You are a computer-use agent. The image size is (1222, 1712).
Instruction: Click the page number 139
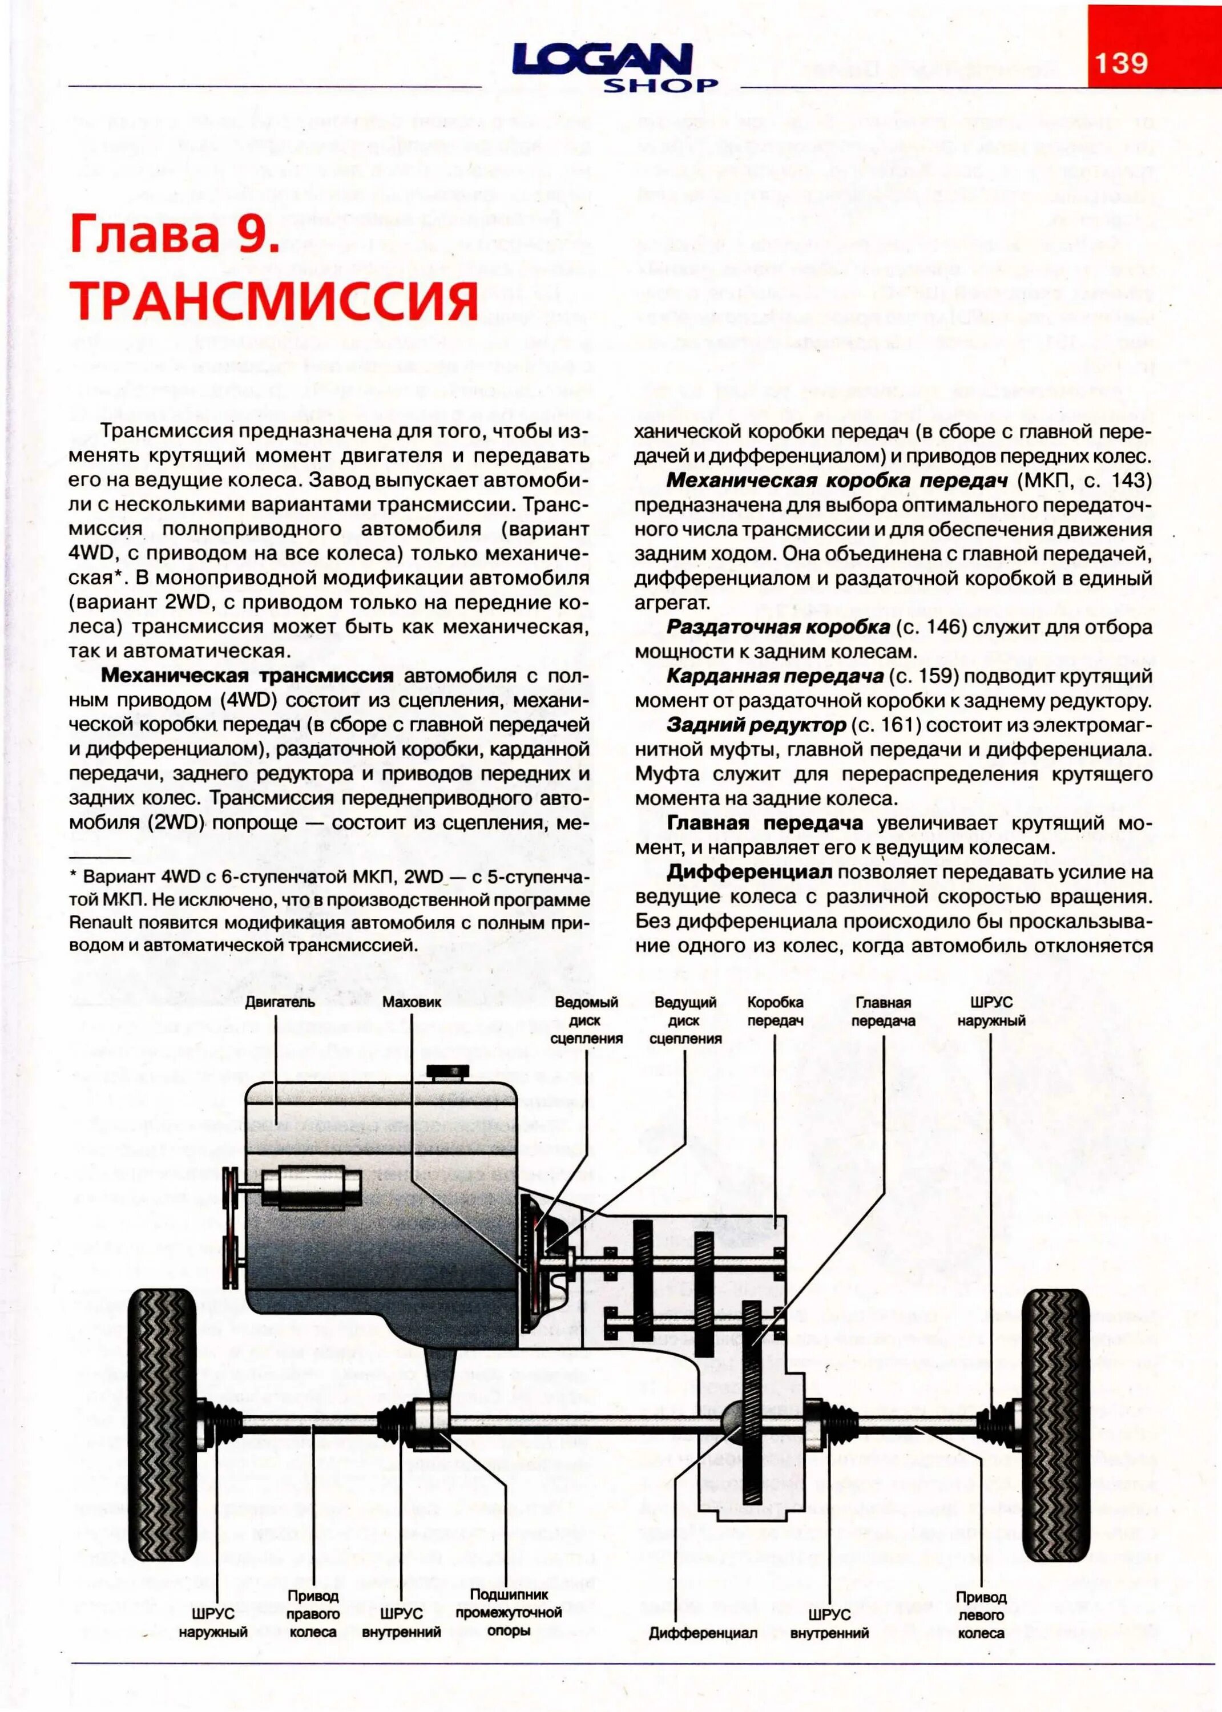pos(1120,62)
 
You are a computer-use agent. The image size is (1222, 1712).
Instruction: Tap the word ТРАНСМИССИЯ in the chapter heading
pos(274,301)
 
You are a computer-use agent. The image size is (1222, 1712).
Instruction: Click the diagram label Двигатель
pos(279,1002)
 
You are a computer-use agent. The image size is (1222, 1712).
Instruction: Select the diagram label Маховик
pos(412,1002)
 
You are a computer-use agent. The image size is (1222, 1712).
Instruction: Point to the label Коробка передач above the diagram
pos(775,1011)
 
